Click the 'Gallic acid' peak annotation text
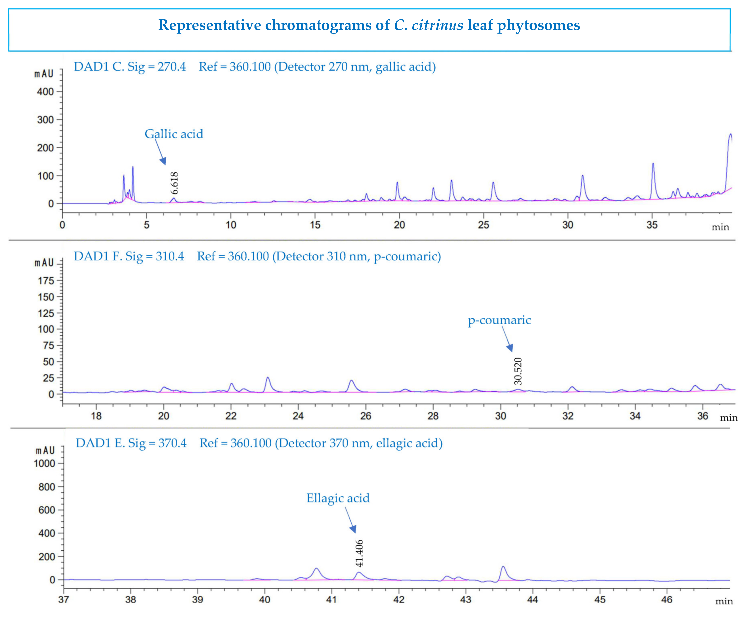(174, 134)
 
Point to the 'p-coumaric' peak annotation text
(499, 320)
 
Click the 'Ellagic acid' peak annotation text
(338, 498)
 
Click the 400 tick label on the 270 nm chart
(45, 92)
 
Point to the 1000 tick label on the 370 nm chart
(44, 464)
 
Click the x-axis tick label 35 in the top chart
(652, 225)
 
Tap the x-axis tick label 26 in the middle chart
(366, 416)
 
